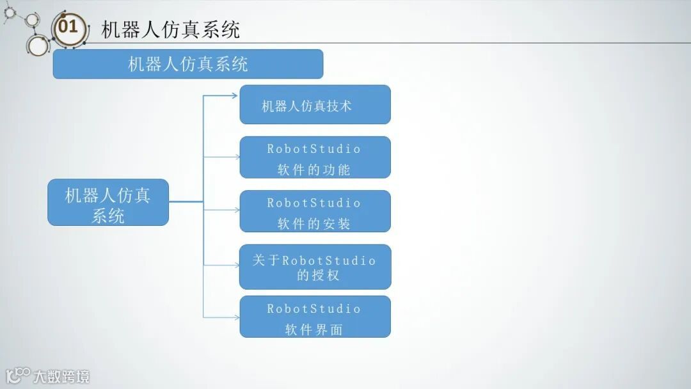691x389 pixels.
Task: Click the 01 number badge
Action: (68, 28)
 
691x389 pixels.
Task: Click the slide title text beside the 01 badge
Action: (170, 29)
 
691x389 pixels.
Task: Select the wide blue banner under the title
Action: (187, 64)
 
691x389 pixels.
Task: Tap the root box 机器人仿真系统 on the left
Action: (108, 202)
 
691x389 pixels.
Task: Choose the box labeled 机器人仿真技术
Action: (315, 104)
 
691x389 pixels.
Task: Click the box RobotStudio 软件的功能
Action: (315, 157)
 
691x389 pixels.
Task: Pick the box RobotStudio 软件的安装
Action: (315, 211)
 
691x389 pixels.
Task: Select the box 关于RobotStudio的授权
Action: (315, 267)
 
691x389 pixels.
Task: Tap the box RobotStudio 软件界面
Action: (315, 317)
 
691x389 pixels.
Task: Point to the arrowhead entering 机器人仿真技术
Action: (234, 96)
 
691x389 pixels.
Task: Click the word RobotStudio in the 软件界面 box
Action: (314, 309)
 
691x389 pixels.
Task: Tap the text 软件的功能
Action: (314, 170)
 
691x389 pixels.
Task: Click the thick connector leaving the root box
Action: (186, 202)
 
